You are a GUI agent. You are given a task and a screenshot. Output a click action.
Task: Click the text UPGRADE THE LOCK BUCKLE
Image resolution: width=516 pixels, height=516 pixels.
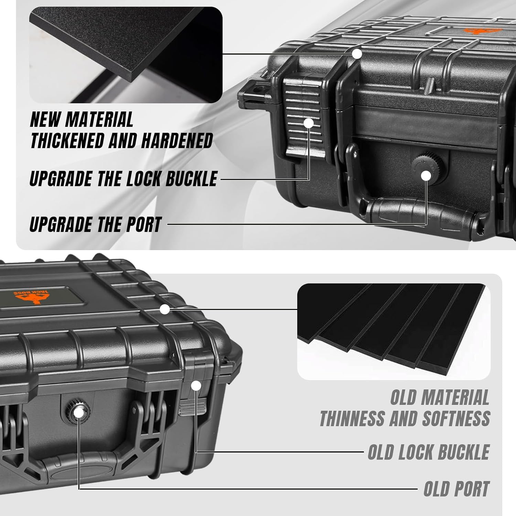point(123,179)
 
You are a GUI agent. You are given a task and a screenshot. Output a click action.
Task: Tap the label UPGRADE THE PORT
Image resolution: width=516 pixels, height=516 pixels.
point(96,224)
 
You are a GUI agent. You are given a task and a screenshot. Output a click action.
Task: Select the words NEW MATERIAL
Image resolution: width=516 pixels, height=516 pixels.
point(82,119)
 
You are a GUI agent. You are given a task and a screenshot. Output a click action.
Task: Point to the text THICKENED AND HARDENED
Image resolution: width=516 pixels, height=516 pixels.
point(121,140)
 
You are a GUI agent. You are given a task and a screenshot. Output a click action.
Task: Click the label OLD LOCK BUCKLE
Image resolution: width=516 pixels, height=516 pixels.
point(429,452)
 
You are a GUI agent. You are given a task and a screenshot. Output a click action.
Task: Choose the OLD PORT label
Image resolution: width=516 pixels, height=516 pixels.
point(456,488)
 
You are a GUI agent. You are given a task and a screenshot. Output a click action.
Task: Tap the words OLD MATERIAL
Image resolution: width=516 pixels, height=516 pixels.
point(440,397)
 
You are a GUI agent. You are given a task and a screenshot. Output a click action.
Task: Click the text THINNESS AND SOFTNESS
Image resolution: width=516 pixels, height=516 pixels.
point(405,418)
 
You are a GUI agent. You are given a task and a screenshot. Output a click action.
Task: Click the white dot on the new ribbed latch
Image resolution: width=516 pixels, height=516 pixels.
point(309,123)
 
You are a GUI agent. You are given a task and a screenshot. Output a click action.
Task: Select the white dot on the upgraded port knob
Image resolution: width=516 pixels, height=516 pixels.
point(426,176)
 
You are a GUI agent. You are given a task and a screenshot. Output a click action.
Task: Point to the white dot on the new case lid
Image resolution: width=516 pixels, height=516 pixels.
point(357,54)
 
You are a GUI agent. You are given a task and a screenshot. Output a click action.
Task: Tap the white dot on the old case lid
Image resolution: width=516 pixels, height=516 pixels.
point(165,309)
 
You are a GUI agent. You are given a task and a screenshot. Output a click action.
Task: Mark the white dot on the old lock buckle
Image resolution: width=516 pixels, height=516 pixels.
point(196,386)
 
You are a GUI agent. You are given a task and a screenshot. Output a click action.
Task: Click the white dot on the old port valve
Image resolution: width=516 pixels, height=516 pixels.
point(79,412)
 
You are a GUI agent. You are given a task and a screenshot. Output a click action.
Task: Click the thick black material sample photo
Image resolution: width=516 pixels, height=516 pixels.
point(126,55)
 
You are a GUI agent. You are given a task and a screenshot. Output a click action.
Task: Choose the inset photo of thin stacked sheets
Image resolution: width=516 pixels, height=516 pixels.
point(394,332)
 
